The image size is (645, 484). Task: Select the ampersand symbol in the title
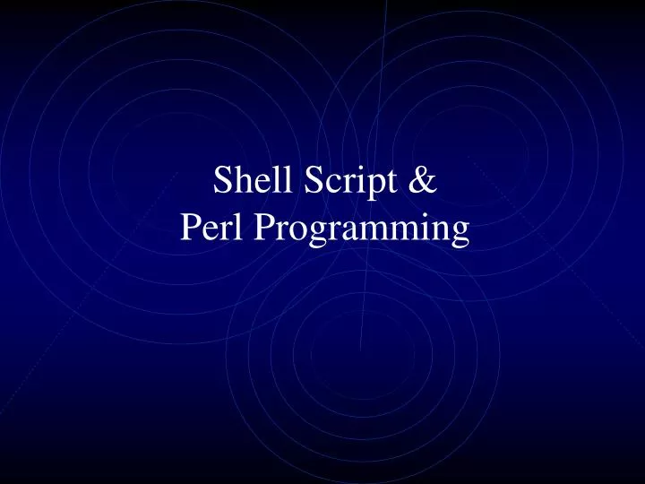tap(426, 181)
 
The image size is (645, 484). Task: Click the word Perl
tap(212, 229)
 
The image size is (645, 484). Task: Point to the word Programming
tap(362, 231)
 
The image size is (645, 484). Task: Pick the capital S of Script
tap(314, 181)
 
